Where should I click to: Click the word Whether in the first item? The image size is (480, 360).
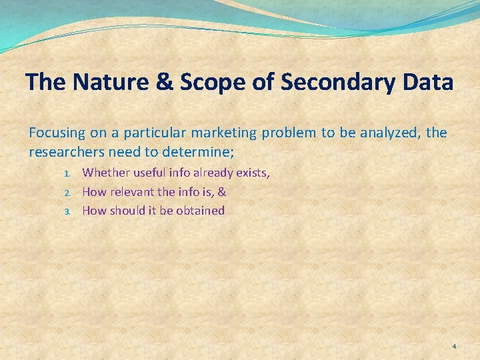pos(106,173)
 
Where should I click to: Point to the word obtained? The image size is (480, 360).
pos(201,211)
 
